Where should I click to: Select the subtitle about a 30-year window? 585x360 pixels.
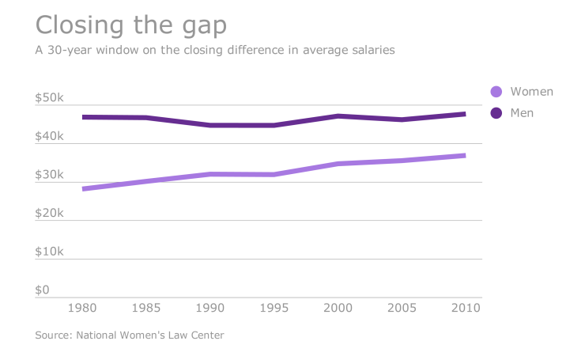[215, 50]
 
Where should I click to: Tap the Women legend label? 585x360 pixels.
[531, 92]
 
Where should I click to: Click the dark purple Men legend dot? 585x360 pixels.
[496, 113]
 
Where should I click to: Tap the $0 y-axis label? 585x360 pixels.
[43, 290]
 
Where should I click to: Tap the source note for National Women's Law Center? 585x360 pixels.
[130, 335]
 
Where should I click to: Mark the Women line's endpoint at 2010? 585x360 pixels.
[464, 156]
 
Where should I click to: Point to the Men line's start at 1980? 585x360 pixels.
[84, 117]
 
